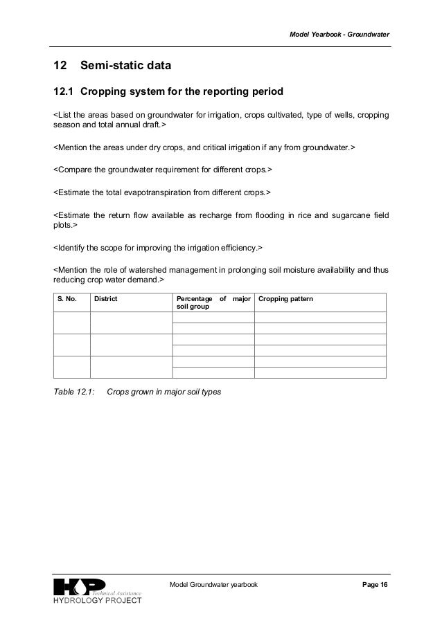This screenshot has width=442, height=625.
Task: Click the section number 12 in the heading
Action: point(60,66)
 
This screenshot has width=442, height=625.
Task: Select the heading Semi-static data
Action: point(125,66)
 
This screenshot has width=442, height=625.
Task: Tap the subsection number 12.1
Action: point(64,92)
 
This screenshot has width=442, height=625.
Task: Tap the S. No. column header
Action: point(68,299)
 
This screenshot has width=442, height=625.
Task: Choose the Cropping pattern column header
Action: point(285,299)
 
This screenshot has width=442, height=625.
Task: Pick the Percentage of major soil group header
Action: point(212,302)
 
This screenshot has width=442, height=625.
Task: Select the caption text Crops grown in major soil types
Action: point(168,392)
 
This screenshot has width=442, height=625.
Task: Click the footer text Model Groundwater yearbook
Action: point(213,585)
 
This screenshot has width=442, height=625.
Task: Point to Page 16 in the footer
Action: point(375,585)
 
